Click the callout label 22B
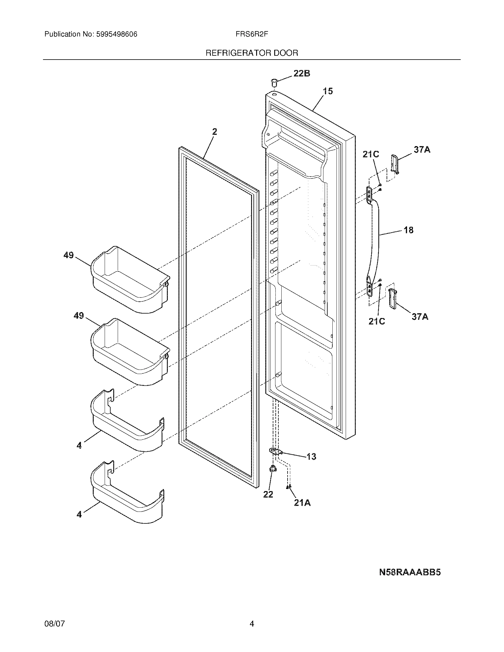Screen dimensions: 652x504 (302, 73)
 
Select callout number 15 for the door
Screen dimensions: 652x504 (328, 91)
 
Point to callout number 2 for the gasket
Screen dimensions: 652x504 (214, 132)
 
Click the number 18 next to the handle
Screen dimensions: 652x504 (409, 230)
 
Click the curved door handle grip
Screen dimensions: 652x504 (376, 239)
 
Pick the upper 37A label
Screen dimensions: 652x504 (422, 150)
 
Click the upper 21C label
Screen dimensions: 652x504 (371, 154)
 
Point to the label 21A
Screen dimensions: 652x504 (302, 503)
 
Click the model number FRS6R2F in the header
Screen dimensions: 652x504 (252, 34)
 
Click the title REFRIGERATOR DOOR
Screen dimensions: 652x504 (252, 53)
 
